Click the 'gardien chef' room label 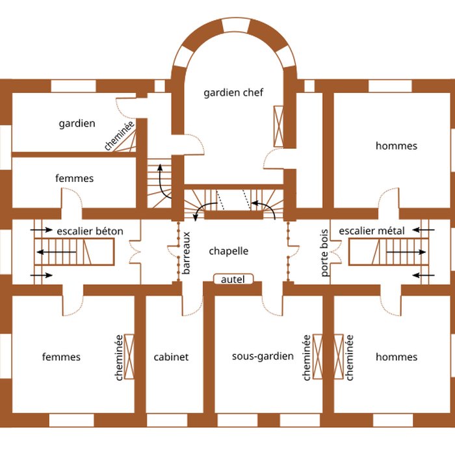(233, 93)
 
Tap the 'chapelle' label (229, 251)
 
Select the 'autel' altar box (233, 279)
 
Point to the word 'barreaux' (187, 253)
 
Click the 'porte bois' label (324, 253)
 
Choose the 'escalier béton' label (90, 231)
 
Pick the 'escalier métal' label (372, 231)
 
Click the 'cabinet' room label (171, 357)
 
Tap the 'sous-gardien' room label (263, 356)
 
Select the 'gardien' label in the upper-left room (77, 123)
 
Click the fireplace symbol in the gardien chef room (279, 126)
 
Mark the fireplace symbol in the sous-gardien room (318, 357)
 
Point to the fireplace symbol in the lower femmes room (129, 357)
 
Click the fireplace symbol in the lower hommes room (339, 357)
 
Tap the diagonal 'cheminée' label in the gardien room (120, 136)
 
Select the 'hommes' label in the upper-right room (396, 146)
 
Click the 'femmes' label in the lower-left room (61, 357)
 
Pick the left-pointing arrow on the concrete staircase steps (57, 252)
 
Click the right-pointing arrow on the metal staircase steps (406, 252)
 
